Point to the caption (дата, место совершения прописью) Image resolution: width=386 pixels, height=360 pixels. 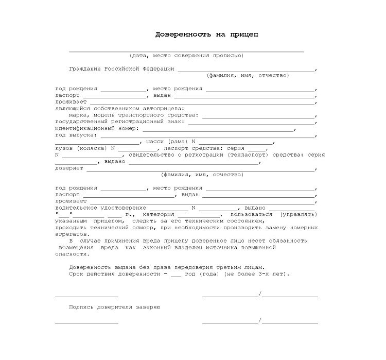pyautogui.click(x=186, y=55)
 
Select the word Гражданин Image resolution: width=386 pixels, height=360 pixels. pyautogui.click(x=85, y=68)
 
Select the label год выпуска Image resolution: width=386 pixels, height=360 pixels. pyautogui.click(x=75, y=135)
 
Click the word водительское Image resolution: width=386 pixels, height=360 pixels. pyautogui.click(x=78, y=208)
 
